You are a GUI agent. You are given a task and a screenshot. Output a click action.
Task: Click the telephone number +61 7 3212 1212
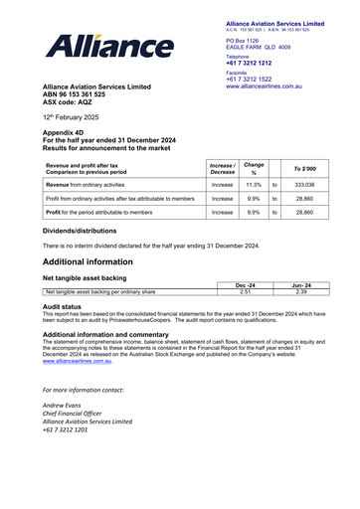(x=257, y=64)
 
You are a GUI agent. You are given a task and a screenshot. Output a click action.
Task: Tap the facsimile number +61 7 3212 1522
(x=257, y=80)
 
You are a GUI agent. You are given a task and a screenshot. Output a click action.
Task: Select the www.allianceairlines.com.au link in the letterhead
(x=277, y=87)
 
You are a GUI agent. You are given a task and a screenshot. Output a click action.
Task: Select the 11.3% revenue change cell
(x=253, y=185)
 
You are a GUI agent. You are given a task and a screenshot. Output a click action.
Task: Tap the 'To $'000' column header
(x=304, y=167)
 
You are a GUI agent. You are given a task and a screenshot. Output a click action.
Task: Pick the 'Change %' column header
(x=254, y=167)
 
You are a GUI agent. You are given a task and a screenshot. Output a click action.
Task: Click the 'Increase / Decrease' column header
(x=222, y=167)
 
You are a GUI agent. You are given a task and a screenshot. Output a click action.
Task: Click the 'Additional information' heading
(x=96, y=259)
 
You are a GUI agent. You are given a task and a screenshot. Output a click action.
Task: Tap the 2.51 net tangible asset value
(x=244, y=292)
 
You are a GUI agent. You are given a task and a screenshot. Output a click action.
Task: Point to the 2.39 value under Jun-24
(x=302, y=292)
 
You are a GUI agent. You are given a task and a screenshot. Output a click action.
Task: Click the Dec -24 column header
(x=244, y=285)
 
